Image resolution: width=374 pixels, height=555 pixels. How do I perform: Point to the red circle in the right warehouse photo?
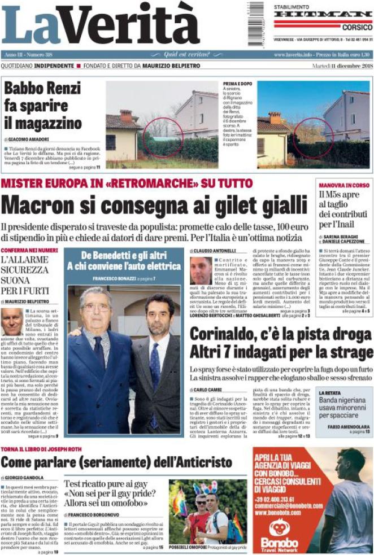pos(312,137)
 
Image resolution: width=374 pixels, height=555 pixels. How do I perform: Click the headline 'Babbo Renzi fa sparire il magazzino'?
pos(43,106)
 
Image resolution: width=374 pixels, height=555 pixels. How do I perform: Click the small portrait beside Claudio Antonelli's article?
pos(201,270)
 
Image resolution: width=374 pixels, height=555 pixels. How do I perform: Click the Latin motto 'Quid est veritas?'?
pos(186,54)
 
